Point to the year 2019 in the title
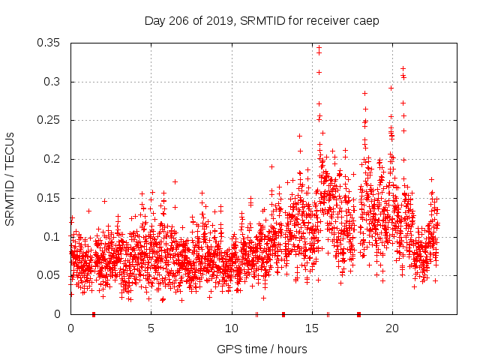tap(217, 21)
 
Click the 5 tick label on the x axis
tap(151, 328)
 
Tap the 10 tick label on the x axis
tap(232, 328)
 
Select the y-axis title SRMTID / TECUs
tap(10, 178)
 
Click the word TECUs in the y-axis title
tap(10, 153)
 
